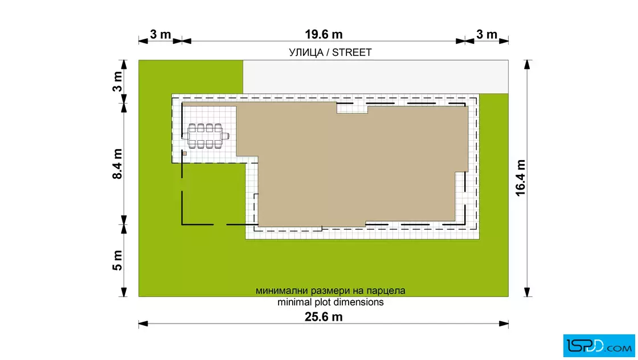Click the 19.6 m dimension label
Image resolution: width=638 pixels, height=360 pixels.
324,35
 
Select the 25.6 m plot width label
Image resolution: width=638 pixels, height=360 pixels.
324,317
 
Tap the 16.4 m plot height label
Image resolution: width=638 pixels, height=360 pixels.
521,178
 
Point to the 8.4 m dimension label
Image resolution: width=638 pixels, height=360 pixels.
117,164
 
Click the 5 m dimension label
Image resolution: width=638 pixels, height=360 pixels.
117,260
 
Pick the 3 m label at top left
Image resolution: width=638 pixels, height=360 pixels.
160,35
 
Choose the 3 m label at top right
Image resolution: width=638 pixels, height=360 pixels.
486,35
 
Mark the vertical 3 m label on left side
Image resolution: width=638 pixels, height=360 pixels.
117,82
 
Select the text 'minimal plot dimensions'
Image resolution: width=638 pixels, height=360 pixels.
330,302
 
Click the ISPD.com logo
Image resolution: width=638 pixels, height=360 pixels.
599,346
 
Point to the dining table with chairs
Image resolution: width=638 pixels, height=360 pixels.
206,136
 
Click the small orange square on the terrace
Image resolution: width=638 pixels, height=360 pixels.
185,154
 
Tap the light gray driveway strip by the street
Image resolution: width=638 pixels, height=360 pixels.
375,77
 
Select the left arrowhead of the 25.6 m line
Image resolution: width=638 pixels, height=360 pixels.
143,324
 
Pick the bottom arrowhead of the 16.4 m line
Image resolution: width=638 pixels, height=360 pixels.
527,292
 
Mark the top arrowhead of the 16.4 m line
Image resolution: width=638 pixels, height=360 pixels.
527,65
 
